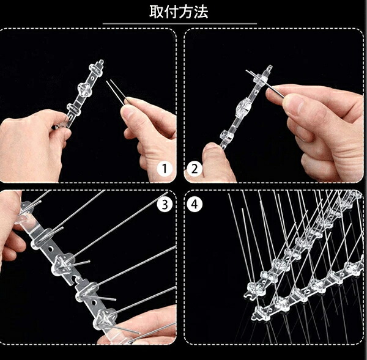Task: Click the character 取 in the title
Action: [157, 12]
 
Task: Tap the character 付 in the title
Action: [171, 12]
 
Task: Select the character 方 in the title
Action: [186, 12]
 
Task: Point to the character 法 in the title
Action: [201, 12]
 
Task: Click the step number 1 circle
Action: [165, 169]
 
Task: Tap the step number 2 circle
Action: [195, 169]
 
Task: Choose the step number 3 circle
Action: [165, 204]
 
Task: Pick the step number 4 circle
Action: [195, 204]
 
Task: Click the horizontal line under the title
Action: [179, 24]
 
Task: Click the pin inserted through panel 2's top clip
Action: [265, 84]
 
